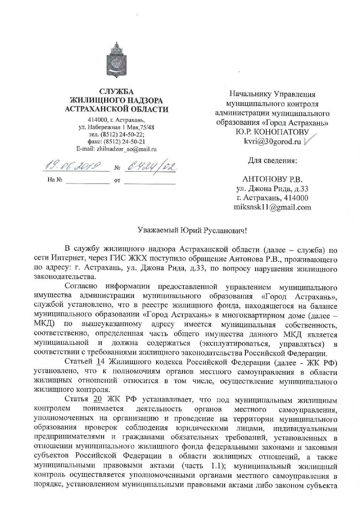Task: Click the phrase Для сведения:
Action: pyautogui.click(x=272, y=160)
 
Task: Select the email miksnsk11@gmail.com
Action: pyautogui.click(x=272, y=207)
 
